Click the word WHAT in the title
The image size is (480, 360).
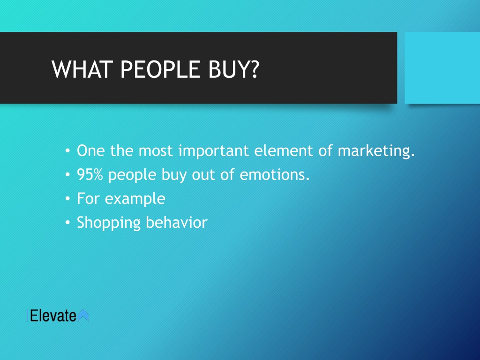point(81,69)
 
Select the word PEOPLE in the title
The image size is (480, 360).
point(160,69)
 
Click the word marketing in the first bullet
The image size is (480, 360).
point(376,151)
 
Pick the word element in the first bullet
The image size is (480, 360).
point(284,150)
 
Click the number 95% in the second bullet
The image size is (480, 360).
point(90,174)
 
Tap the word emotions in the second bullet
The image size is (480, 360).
point(275,174)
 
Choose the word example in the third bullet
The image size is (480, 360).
point(135,199)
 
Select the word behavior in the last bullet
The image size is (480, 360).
point(177,222)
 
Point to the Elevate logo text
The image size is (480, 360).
point(53,315)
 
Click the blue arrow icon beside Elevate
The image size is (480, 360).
point(83,315)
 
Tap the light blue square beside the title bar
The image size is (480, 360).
point(442,67)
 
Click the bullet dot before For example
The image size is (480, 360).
point(67,199)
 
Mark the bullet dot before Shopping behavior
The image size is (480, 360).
point(67,223)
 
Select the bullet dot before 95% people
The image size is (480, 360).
point(67,175)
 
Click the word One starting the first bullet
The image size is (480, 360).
point(91,150)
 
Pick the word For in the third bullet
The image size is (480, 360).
point(88,198)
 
